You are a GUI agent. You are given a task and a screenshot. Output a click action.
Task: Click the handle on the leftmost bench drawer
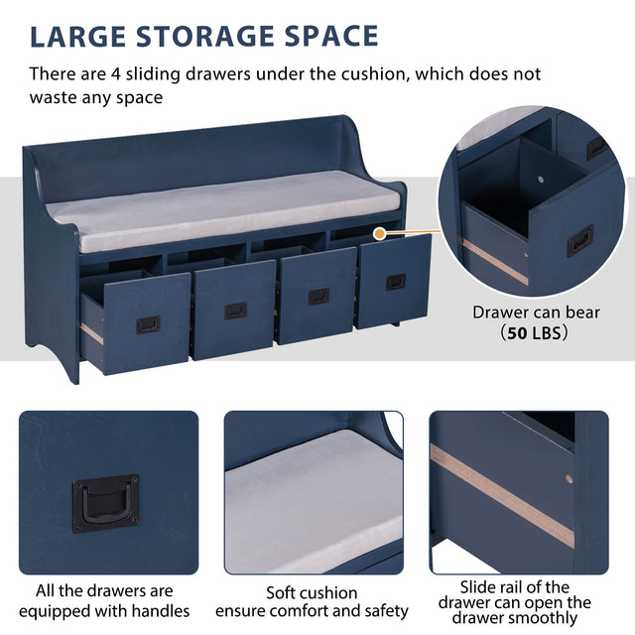[148, 324]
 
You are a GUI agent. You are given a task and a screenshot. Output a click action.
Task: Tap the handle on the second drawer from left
[235, 311]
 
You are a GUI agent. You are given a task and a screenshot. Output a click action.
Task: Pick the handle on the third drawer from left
[318, 296]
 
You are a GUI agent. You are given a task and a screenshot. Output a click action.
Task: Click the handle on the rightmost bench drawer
[395, 282]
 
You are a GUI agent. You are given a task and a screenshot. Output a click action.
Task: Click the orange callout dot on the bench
[378, 232]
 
